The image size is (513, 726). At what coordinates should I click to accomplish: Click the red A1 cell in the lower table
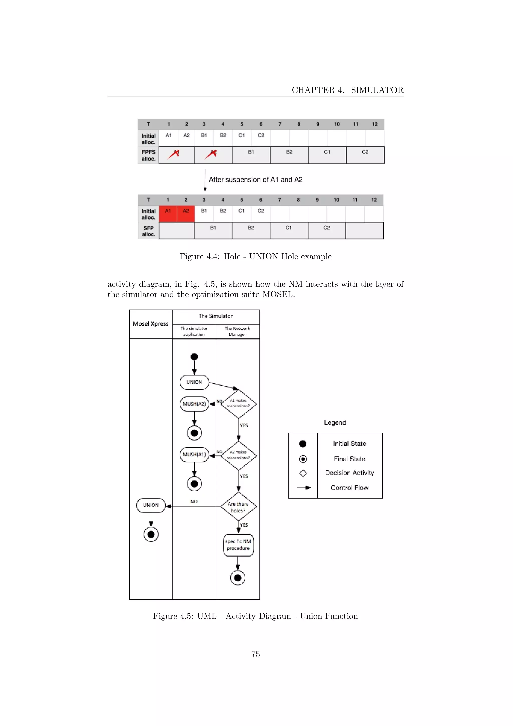tap(168, 213)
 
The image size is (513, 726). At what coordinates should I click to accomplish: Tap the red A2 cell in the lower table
tap(186, 213)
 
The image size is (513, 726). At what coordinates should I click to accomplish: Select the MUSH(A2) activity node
tap(194, 404)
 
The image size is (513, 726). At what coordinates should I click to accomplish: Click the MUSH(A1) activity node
tap(194, 455)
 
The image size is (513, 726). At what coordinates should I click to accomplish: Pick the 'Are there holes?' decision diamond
tap(238, 507)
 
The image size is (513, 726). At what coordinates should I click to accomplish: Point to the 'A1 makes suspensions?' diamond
tap(238, 404)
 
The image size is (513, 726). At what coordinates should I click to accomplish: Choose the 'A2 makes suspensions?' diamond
tap(238, 455)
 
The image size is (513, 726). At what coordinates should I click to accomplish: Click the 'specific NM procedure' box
tap(238, 545)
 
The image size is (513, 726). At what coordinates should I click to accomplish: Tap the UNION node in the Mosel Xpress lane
tap(151, 505)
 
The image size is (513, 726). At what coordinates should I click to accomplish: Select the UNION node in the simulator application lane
tap(194, 382)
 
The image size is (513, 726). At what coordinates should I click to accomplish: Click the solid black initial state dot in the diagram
tap(194, 357)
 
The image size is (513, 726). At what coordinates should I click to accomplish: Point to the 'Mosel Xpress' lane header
tap(151, 324)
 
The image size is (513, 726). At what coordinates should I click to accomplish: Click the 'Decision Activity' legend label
tap(350, 473)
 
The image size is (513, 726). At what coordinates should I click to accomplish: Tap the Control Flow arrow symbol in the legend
tap(303, 488)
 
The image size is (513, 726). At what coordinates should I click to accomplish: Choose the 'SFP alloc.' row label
tap(148, 231)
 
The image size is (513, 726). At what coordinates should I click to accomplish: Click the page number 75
tap(255, 654)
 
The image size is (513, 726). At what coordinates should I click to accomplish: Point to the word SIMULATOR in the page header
tap(377, 90)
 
